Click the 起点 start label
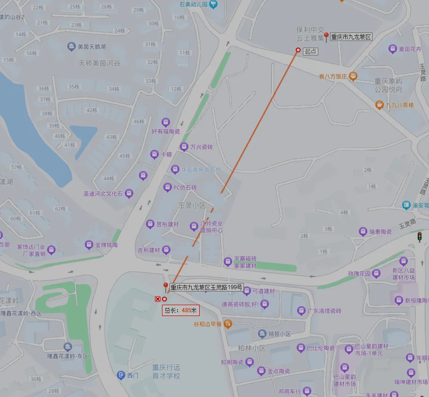tap(310, 51)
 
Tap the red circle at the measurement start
tap(298, 50)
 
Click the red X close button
tap(158, 299)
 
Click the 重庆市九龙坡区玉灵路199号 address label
tap(206, 287)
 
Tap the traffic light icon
tap(419, 237)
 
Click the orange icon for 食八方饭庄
tap(353, 76)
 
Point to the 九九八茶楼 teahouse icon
tap(379, 105)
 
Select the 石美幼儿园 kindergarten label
tap(194, 4)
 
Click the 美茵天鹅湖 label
tap(91, 47)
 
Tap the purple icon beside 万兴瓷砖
tap(184, 147)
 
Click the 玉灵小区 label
tap(192, 206)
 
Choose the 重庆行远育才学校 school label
tap(166, 372)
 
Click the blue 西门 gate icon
tap(121, 375)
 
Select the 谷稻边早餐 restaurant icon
tap(228, 324)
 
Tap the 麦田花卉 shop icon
tap(392, 49)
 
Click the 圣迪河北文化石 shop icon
tap(129, 193)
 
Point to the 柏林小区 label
tap(251, 348)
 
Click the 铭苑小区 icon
tap(262, 334)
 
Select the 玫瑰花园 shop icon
tap(376, 274)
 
